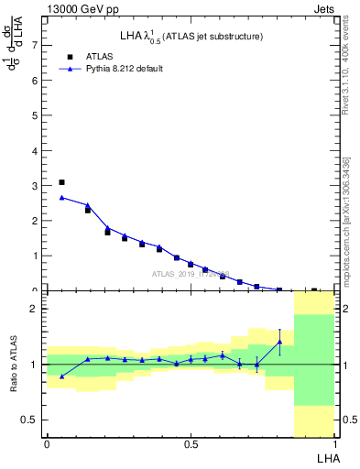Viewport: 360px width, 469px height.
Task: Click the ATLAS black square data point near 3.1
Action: [61, 182]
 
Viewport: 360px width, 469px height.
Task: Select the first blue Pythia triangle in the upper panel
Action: [61, 197]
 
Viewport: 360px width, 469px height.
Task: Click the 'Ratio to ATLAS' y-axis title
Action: [13, 364]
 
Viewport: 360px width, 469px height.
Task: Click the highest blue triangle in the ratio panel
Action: [279, 342]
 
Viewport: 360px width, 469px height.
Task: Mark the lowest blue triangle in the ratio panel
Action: [61, 376]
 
